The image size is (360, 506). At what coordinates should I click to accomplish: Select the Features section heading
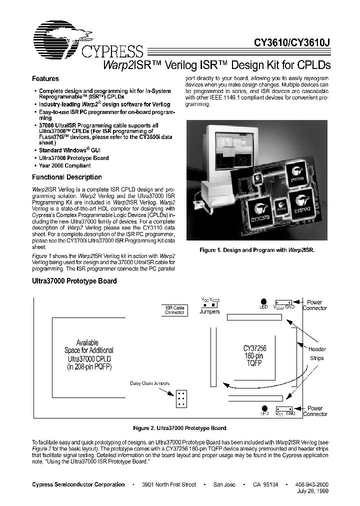pyautogui.click(x=45, y=79)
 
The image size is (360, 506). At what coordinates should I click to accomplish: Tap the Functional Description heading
pyautogui.click(x=66, y=177)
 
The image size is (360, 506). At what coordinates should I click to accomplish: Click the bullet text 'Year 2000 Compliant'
pyautogui.click(x=65, y=165)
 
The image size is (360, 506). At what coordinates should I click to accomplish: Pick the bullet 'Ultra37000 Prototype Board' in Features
pyautogui.click(x=73, y=158)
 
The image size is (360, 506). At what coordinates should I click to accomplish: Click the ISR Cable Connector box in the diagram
pyautogui.click(x=174, y=310)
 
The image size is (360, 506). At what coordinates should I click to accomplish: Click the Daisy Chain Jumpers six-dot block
pyautogui.click(x=180, y=398)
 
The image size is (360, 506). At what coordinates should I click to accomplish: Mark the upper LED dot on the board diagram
pyautogui.click(x=263, y=301)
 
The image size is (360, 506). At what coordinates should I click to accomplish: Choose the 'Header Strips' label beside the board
pyautogui.click(x=316, y=353)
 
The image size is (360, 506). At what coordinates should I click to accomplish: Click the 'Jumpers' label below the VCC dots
pyautogui.click(x=209, y=311)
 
